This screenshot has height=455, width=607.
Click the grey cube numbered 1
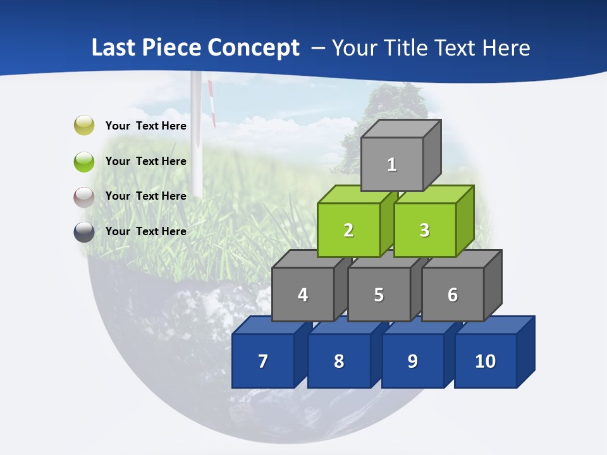(392, 164)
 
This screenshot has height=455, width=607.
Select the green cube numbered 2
(348, 230)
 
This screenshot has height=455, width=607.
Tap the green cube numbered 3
(424, 230)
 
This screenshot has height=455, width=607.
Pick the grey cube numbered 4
(303, 294)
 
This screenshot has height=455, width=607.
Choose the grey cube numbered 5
(379, 294)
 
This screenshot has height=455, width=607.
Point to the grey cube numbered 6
(453, 294)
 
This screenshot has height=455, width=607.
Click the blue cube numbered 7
(263, 361)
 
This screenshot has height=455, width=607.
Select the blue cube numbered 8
(339, 361)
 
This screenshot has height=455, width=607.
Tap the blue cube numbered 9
(413, 361)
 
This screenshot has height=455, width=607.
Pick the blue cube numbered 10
(486, 361)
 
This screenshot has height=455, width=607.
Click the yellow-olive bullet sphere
(84, 125)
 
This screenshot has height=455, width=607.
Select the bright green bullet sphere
(84, 161)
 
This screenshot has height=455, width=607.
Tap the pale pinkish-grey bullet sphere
(84, 197)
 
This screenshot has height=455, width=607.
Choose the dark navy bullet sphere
(84, 231)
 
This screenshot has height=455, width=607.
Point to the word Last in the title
(114, 48)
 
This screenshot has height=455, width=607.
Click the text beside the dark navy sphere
(146, 231)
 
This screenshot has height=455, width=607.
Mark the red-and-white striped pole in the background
(211, 101)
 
